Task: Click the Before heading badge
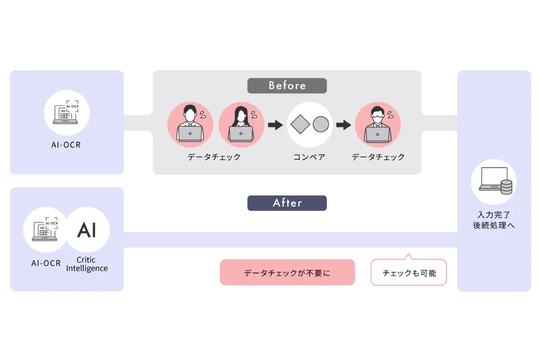[x=287, y=85]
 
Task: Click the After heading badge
[x=287, y=203]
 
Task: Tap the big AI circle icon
[x=87, y=230]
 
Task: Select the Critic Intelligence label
[x=87, y=264]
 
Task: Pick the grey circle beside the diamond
[x=321, y=124]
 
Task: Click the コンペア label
[x=309, y=157]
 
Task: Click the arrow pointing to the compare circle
[x=272, y=125]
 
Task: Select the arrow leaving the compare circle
[x=343, y=125]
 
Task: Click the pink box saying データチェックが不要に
[x=287, y=273]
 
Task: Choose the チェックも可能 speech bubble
[x=409, y=273]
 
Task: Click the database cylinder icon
[x=506, y=186]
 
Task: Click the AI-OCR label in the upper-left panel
[x=66, y=145]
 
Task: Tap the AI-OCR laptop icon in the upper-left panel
[x=67, y=112]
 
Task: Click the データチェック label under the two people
[x=214, y=157]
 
